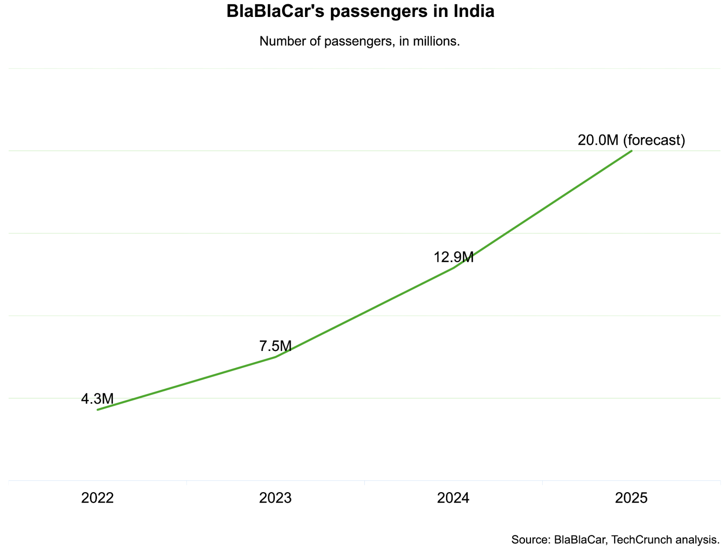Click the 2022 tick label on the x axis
97,498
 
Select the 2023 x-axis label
275,498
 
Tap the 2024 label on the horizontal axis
453,498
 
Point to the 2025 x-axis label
631,498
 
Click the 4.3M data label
97,399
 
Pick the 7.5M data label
275,346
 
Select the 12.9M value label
453,257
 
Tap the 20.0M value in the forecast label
598,140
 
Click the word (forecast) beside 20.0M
654,140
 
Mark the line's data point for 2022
98,410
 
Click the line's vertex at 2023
275,357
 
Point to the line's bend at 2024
453,268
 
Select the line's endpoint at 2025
631,151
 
